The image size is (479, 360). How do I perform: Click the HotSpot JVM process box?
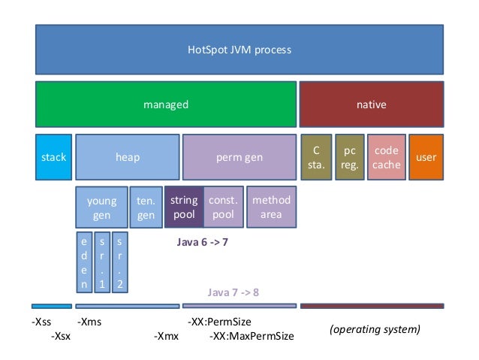click(239, 50)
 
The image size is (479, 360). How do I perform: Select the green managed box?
click(165, 104)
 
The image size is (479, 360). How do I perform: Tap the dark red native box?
click(371, 104)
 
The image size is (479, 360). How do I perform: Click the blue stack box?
click(53, 158)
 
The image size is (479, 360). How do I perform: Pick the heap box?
click(127, 158)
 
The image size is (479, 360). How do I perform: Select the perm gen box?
click(239, 158)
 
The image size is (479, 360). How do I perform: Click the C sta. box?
click(315, 158)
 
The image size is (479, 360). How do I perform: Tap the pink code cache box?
click(387, 158)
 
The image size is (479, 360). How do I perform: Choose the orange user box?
click(426, 158)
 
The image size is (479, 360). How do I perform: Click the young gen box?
click(101, 207)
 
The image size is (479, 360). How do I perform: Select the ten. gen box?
click(146, 207)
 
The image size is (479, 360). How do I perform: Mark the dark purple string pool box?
click(183, 207)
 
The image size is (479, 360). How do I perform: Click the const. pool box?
click(223, 207)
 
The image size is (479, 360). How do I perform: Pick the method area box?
click(271, 207)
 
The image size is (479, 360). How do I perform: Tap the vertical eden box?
click(84, 263)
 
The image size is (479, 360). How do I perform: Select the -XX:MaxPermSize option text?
click(251, 336)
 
